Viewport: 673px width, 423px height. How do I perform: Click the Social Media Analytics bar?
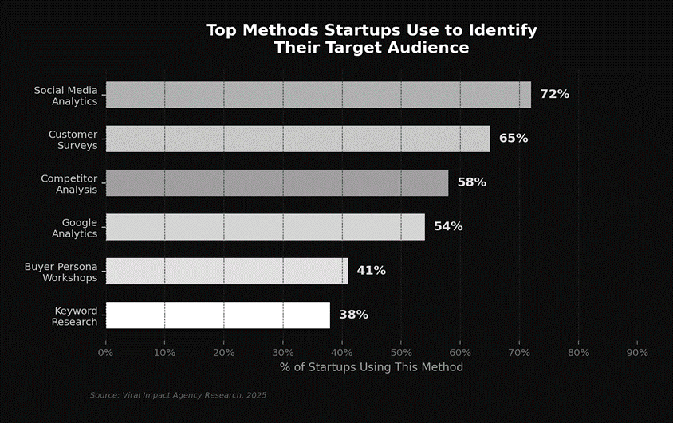tap(318, 94)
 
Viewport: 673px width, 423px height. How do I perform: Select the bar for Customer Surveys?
tap(297, 139)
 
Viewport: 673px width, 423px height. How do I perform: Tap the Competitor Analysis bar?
tap(277, 182)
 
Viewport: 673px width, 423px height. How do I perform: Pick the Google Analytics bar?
tap(265, 226)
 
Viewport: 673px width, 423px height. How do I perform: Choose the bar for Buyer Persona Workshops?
tap(226, 271)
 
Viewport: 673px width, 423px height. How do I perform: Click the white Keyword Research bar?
tap(218, 315)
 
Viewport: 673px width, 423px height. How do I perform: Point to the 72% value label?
tap(554, 94)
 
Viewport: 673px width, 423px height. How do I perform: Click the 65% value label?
tap(513, 139)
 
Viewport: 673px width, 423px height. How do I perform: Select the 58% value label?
tap(471, 182)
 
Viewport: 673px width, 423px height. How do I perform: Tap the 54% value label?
tap(448, 226)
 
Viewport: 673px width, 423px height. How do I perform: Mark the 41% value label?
tap(371, 271)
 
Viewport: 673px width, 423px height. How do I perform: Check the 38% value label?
tap(353, 315)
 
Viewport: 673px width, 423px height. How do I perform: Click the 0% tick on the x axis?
tap(105, 352)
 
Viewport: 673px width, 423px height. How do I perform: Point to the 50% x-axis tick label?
tap(401, 352)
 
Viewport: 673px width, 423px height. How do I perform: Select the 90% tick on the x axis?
tap(637, 352)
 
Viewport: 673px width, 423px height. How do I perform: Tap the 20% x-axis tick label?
tap(223, 352)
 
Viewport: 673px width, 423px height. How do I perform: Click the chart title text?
tap(371, 39)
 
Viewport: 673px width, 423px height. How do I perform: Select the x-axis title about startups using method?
tap(371, 367)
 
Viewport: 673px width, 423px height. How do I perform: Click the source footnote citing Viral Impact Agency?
tap(178, 395)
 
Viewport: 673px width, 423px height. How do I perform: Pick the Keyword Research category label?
tap(75, 315)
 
